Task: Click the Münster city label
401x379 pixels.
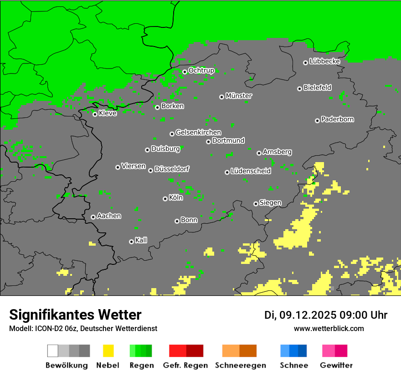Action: [239, 96]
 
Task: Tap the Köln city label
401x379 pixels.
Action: [176, 198]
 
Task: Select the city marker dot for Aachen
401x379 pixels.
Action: [93, 217]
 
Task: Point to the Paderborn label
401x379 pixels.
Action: [338, 119]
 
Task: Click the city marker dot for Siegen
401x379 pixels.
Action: [256, 204]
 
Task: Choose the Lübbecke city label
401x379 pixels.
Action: [325, 61]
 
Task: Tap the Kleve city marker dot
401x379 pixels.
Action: [95, 114]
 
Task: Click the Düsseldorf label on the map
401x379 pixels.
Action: [172, 169]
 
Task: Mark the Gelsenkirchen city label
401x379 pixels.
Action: [198, 132]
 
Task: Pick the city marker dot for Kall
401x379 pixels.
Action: [131, 242]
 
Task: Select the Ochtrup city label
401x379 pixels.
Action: [201, 70]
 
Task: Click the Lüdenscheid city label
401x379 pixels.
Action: [251, 171]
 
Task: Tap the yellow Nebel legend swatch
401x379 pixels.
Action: [108, 351]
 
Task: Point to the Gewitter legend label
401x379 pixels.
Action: [336, 365]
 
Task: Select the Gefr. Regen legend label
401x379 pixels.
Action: [185, 365]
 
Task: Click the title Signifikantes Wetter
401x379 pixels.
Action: [75, 315]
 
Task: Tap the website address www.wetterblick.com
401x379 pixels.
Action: [329, 328]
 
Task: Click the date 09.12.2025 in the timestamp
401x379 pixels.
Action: [308, 315]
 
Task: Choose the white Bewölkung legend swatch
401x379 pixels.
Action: [53, 351]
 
